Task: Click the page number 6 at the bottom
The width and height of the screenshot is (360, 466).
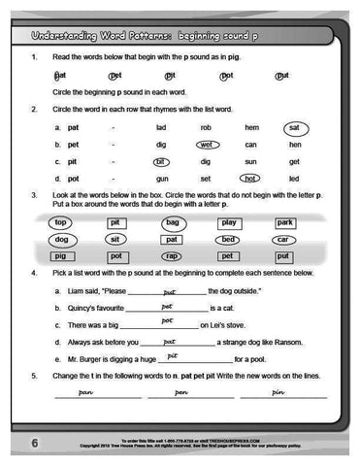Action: (x=33, y=444)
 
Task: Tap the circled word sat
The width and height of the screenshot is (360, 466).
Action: (x=294, y=128)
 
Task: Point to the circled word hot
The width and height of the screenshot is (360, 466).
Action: (x=250, y=179)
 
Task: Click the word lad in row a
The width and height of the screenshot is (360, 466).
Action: (x=161, y=128)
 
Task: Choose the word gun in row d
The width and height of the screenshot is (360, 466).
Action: (x=162, y=180)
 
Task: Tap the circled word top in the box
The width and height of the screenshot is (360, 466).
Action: (x=61, y=223)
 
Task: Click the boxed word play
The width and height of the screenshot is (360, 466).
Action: (x=229, y=223)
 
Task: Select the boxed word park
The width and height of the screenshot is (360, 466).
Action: (x=284, y=223)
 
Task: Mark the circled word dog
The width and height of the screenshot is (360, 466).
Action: (x=61, y=240)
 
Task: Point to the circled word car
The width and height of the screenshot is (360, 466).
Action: (x=283, y=240)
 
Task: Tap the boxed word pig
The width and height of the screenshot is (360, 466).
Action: (x=61, y=256)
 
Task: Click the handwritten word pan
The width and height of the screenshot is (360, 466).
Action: (x=85, y=393)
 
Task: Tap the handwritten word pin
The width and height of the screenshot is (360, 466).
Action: (x=279, y=393)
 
